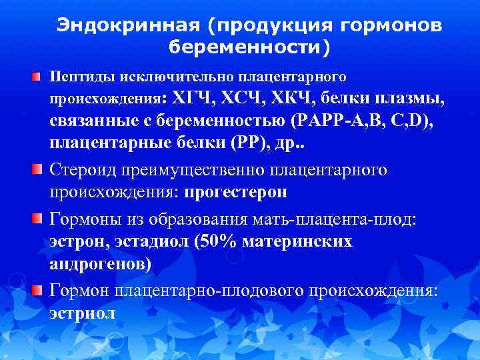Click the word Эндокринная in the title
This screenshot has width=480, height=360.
[127, 25]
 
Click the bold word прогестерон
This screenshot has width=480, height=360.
[237, 193]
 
